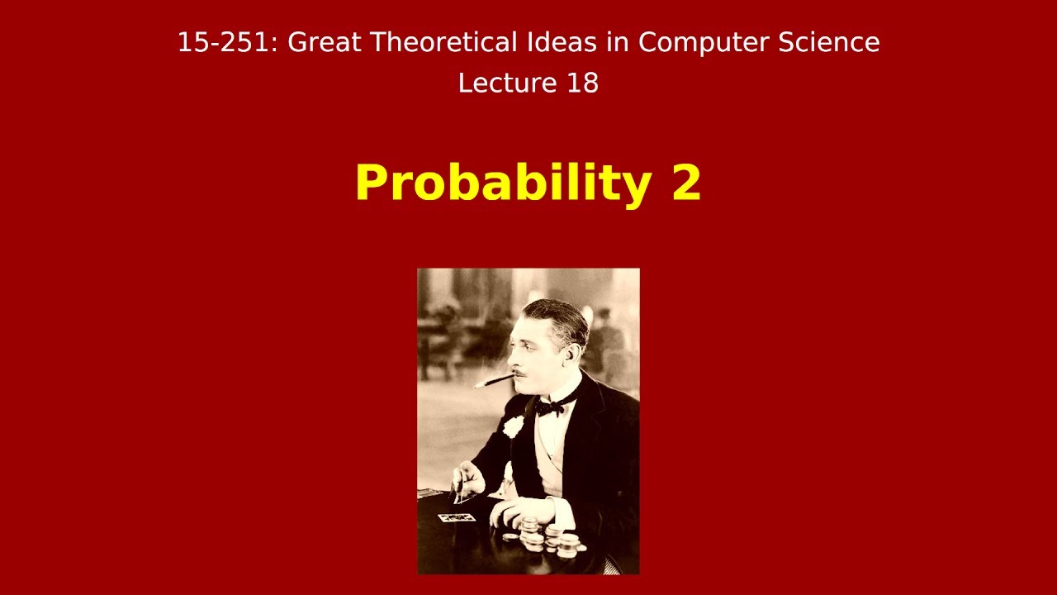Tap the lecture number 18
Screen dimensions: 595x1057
pyautogui.click(x=582, y=83)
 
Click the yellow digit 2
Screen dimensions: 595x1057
pyautogui.click(x=686, y=183)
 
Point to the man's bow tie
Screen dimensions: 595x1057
pyautogui.click(x=552, y=406)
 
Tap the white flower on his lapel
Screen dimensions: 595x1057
pyautogui.click(x=514, y=426)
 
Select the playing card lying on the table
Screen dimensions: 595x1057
pyautogui.click(x=457, y=517)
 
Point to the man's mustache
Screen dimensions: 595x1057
pyautogui.click(x=520, y=372)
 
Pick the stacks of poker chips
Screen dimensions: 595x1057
pyautogui.click(x=549, y=539)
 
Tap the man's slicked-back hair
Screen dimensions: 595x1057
pyautogui.click(x=562, y=318)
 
